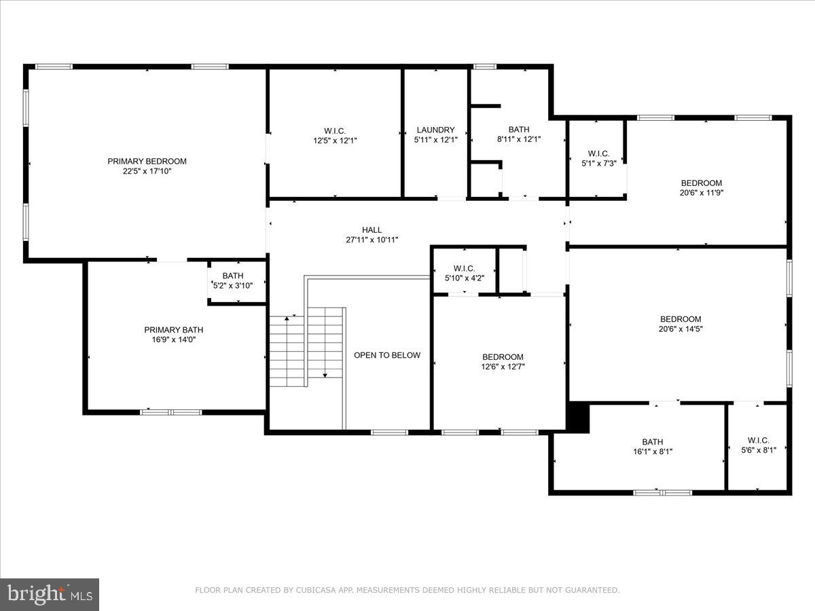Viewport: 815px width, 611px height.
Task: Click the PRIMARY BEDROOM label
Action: click(147, 161)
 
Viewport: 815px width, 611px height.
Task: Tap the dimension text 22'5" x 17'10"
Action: click(147, 172)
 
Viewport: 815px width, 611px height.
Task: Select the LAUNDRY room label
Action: click(435, 130)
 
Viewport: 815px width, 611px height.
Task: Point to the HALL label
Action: click(372, 229)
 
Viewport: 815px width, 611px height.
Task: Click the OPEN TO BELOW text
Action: click(387, 355)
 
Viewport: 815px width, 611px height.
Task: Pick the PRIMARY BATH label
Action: click(173, 330)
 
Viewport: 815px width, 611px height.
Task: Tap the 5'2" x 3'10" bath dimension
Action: click(233, 286)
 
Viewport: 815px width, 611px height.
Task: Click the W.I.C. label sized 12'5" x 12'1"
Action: click(335, 130)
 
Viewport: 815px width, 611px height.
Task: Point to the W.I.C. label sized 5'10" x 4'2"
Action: click(465, 268)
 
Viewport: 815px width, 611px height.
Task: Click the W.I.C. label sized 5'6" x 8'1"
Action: click(758, 439)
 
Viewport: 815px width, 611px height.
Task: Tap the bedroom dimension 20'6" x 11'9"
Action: click(701, 193)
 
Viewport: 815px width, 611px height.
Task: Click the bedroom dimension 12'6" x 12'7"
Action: click(503, 367)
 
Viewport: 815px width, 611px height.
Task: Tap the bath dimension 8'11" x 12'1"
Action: click(519, 140)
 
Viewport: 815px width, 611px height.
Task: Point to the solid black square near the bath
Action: click(578, 417)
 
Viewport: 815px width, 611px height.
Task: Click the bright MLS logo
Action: click(49, 594)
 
